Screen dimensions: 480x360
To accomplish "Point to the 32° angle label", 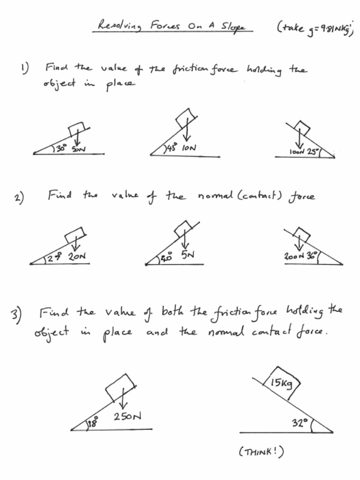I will click(299, 423).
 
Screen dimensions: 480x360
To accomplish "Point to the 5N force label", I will click(188, 254).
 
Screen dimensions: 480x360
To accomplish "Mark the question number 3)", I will click(16, 316).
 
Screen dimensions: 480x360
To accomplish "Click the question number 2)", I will click(19, 197).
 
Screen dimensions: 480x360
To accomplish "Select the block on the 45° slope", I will click(186, 117).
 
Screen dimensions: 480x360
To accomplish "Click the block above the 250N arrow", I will click(120, 386).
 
